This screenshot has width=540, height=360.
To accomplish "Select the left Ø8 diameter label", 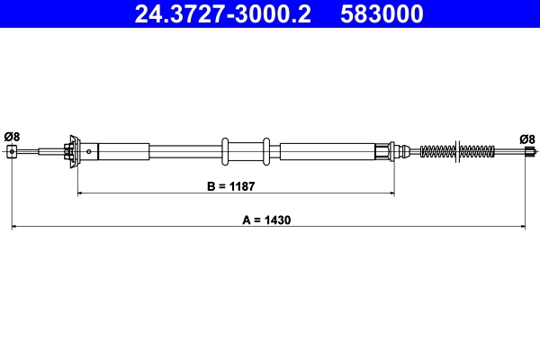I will point(12,137).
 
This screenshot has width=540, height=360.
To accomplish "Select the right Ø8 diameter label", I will point(527,138).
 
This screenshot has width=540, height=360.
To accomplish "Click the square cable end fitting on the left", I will point(12,151).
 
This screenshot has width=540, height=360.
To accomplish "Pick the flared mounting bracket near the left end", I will point(71,151).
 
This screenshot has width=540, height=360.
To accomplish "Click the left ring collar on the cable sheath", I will point(225,151).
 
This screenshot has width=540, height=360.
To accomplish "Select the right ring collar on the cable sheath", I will point(266,151).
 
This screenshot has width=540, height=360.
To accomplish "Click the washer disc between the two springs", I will point(460,151).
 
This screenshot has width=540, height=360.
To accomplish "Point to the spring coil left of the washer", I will point(438,151).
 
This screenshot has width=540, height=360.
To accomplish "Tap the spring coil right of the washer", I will point(479,151).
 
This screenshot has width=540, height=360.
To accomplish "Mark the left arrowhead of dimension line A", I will point(14,227).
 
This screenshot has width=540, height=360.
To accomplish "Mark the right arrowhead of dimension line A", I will point(523,227).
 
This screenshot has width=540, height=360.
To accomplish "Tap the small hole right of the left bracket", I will point(93,151).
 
